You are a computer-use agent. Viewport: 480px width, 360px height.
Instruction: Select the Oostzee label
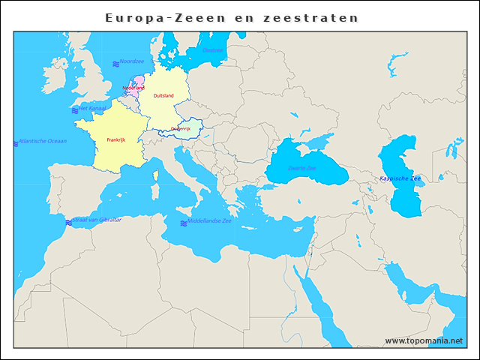coord(213,50)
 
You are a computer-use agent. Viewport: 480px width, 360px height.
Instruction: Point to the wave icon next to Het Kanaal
coord(75,110)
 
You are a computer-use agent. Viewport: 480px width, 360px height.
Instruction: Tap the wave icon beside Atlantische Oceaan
coord(16,142)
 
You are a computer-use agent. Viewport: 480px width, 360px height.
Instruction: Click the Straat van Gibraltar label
coord(97,220)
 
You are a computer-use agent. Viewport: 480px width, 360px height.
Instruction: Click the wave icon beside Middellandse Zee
coord(183,223)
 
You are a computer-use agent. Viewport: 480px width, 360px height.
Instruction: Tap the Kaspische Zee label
coord(400,178)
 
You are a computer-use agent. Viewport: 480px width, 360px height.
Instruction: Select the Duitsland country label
coord(163,96)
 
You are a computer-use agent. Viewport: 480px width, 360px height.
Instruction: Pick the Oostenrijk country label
coord(181,129)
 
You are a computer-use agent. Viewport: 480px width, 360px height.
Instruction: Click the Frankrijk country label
coord(115,140)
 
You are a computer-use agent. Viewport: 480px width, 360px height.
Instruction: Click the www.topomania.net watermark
coord(424,340)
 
